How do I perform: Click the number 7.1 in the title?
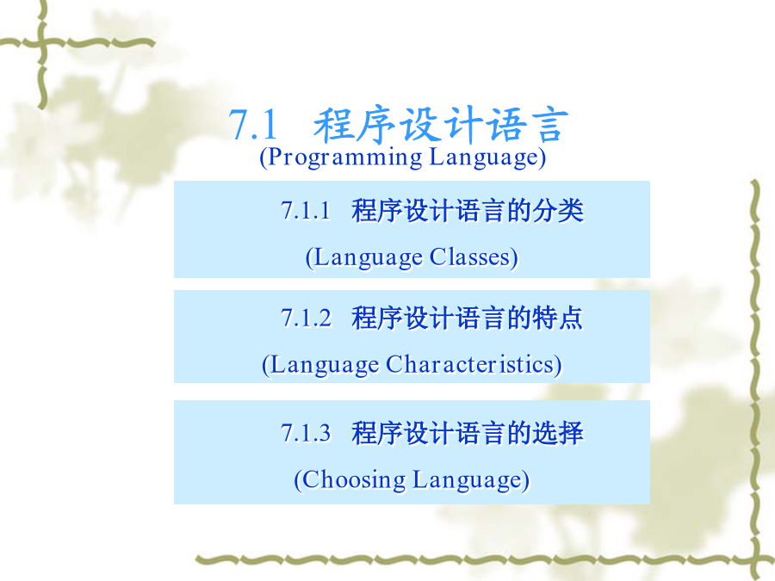click(x=252, y=125)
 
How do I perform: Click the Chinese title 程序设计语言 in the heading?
click(x=441, y=125)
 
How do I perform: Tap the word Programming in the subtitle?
click(x=342, y=158)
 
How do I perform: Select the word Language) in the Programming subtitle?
click(x=488, y=158)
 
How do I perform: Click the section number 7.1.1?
click(x=306, y=211)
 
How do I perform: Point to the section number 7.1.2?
click(x=306, y=318)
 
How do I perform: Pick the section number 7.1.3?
click(x=306, y=433)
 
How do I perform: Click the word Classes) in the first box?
click(x=474, y=257)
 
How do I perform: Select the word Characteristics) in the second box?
click(x=474, y=365)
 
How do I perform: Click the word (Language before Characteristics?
click(x=321, y=366)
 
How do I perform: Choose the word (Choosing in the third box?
click(x=350, y=480)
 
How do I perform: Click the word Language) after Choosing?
click(x=471, y=480)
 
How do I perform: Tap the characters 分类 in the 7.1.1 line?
click(x=558, y=211)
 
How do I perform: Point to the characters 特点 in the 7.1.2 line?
click(x=558, y=318)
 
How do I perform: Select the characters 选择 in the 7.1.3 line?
click(x=558, y=433)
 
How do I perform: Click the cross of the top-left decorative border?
click(x=42, y=45)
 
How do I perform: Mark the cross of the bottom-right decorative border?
click(x=756, y=559)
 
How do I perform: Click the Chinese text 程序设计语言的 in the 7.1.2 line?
click(x=442, y=318)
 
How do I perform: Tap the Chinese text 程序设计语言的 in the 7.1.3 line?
click(x=442, y=433)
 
